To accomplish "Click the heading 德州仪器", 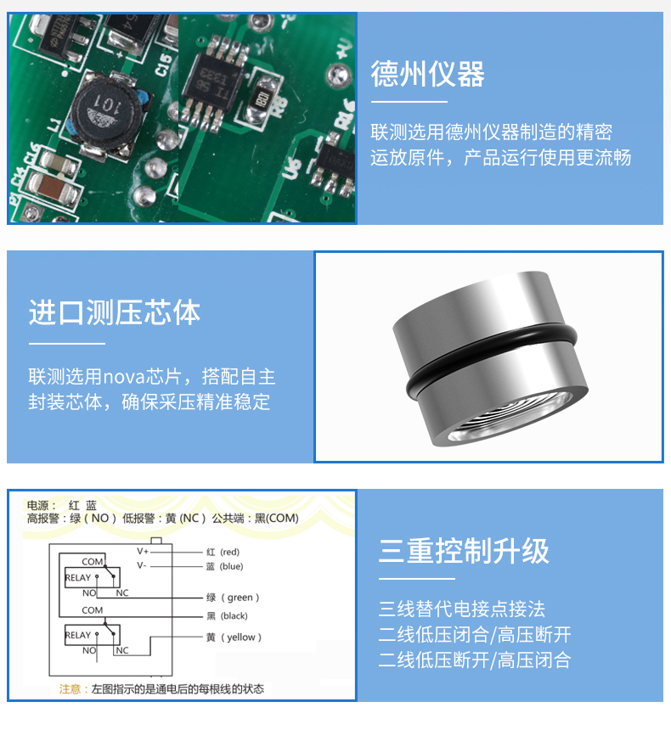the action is [427, 74].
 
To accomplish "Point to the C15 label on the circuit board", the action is [164, 65].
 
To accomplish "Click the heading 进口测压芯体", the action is [115, 312].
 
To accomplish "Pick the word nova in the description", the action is [124, 376].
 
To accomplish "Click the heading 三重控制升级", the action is [464, 551].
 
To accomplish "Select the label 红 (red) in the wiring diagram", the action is [223, 552].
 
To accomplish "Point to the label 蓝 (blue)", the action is [224, 566].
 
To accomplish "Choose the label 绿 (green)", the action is [233, 598].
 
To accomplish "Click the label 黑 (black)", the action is [227, 616].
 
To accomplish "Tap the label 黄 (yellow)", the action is [234, 637].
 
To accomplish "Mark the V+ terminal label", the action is [143, 551].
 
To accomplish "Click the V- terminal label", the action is [142, 565].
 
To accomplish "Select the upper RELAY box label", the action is [78, 578].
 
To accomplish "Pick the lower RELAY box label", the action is [78, 635].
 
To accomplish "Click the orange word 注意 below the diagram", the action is [70, 689].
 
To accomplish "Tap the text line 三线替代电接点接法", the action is [462, 609].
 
